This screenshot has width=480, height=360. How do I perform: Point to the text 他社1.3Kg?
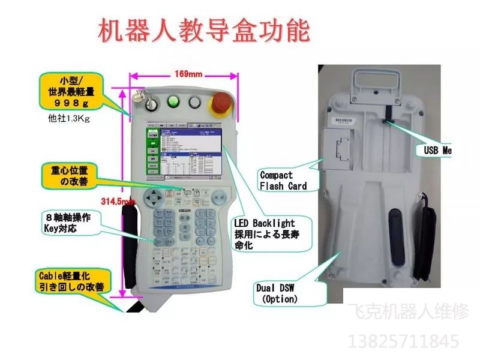coord(68,118)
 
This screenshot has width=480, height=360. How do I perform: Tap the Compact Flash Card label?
coord(283,181)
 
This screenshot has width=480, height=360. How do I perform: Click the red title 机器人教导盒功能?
coord(203,31)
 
